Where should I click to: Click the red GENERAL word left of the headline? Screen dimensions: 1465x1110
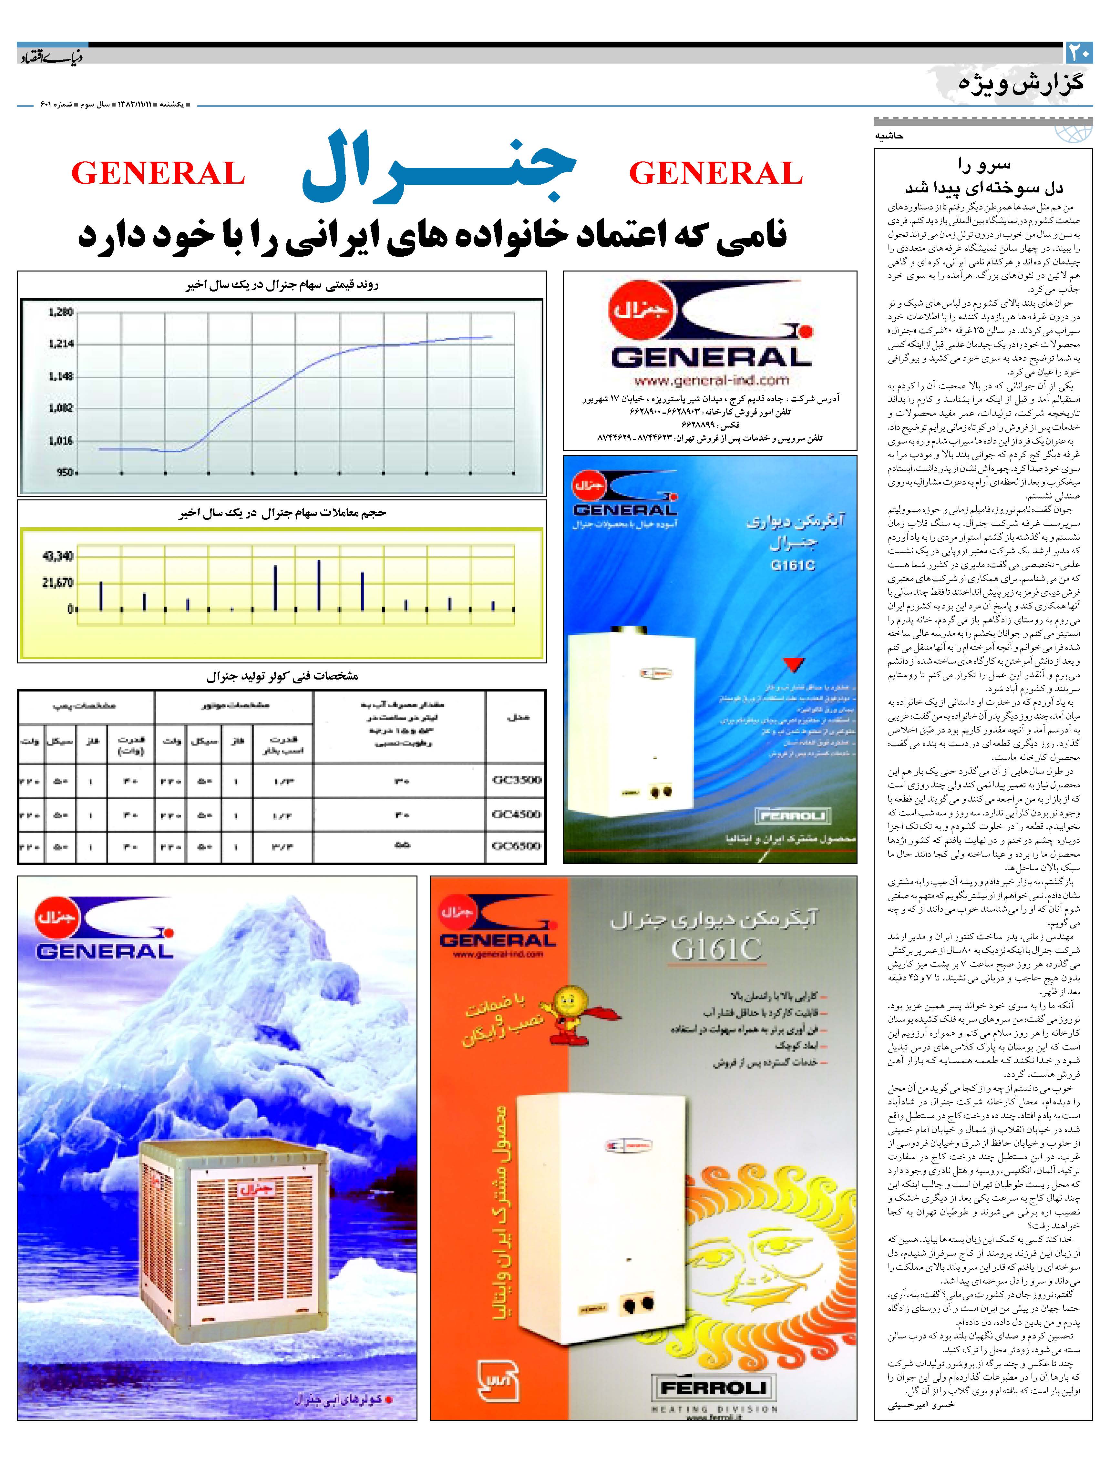158,174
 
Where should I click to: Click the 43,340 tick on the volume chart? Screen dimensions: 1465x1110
57,556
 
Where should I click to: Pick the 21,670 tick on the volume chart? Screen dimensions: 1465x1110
57,583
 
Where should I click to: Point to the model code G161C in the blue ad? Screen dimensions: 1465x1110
793,566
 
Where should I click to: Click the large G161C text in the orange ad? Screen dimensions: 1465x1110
716,949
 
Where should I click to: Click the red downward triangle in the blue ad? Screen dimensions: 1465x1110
793,664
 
